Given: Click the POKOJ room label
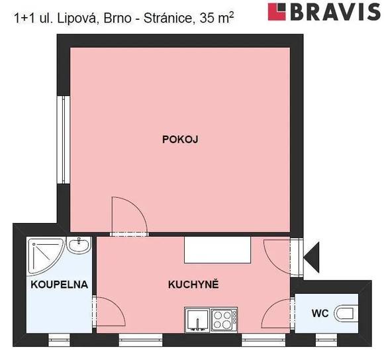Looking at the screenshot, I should (x=181, y=139).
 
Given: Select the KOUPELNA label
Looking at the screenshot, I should (x=58, y=285).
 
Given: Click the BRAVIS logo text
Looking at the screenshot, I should (x=332, y=11).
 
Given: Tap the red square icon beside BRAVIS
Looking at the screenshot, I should (x=277, y=11).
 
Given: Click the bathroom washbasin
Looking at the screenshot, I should (x=80, y=247).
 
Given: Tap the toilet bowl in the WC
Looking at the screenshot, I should (x=346, y=312).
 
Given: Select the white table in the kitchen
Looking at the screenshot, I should (x=218, y=250).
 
